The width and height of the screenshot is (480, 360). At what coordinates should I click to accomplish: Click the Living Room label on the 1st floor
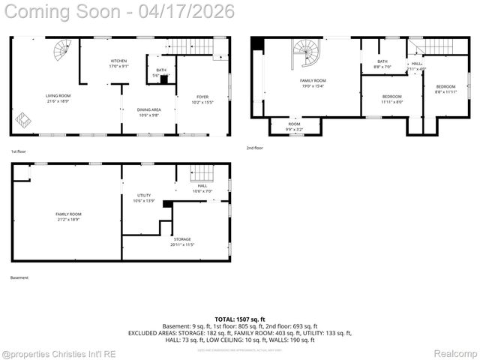(x=58, y=97)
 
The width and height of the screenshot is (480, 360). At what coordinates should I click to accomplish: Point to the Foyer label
(x=202, y=98)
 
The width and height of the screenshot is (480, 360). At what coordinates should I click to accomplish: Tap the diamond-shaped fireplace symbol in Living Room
(x=24, y=118)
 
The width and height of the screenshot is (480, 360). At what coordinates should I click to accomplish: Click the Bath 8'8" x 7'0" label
(x=382, y=64)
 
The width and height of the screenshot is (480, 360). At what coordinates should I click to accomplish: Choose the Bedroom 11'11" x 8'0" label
(x=392, y=99)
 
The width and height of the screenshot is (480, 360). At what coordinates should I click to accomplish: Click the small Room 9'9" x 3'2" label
(x=294, y=127)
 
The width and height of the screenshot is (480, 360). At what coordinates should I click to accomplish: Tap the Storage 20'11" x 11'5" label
(x=182, y=241)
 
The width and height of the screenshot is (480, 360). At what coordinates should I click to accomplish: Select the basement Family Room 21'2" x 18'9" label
(x=68, y=217)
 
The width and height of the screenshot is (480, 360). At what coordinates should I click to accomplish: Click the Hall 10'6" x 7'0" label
(x=202, y=188)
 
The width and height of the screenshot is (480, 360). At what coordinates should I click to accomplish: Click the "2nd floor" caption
(x=255, y=148)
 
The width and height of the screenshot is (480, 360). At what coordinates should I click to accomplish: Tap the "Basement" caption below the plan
(x=19, y=277)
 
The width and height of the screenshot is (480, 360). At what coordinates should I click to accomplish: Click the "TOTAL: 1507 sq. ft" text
(x=240, y=319)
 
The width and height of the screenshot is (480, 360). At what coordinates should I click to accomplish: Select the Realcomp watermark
(x=456, y=352)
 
